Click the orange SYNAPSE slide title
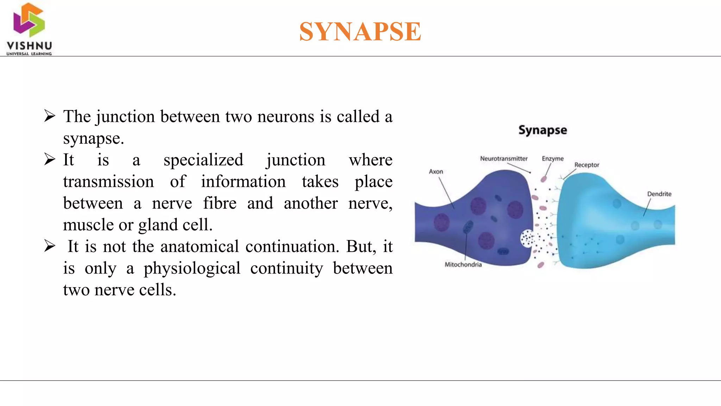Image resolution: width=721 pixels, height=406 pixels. pyautogui.click(x=360, y=31)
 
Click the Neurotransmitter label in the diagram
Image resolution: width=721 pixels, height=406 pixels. pyautogui.click(x=503, y=159)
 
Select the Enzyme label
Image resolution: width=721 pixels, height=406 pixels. pyautogui.click(x=552, y=159)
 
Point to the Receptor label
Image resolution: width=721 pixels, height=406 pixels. pyautogui.click(x=587, y=165)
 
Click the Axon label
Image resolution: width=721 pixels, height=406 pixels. pyautogui.click(x=436, y=172)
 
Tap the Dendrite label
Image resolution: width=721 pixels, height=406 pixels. pyautogui.click(x=659, y=194)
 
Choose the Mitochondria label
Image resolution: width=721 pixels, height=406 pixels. pyautogui.click(x=463, y=265)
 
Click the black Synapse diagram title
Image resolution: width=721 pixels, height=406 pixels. pyautogui.click(x=543, y=130)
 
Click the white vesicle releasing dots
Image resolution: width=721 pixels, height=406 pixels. pyautogui.click(x=527, y=239)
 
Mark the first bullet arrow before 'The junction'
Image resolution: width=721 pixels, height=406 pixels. pyautogui.click(x=50, y=116)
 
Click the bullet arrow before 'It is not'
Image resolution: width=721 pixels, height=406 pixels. pyautogui.click(x=50, y=246)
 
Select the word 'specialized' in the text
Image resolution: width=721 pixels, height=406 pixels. pyautogui.click(x=203, y=160)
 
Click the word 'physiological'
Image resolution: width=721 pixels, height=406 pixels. pyautogui.click(x=192, y=268)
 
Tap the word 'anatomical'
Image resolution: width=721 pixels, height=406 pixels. pyautogui.click(x=199, y=246)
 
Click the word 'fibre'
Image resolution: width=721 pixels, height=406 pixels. pyautogui.click(x=219, y=203)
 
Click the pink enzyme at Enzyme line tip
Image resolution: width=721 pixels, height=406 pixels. pyautogui.click(x=544, y=179)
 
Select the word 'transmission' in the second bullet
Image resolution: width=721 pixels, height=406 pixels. pyautogui.click(x=108, y=182)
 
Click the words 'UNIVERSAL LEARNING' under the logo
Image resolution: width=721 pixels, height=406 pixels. pyautogui.click(x=29, y=54)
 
